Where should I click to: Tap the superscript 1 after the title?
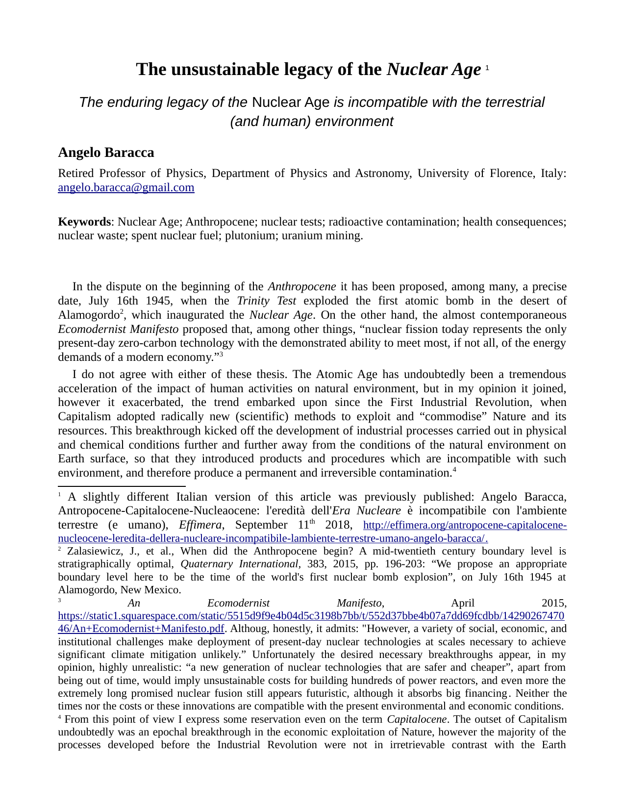[x=487, y=68]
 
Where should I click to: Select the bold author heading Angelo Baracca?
[x=106, y=152]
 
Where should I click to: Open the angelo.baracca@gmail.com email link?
[x=126, y=188]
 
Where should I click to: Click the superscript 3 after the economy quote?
[x=221, y=354]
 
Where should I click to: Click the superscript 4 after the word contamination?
[x=455, y=470]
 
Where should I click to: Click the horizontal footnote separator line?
[x=122, y=486]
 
